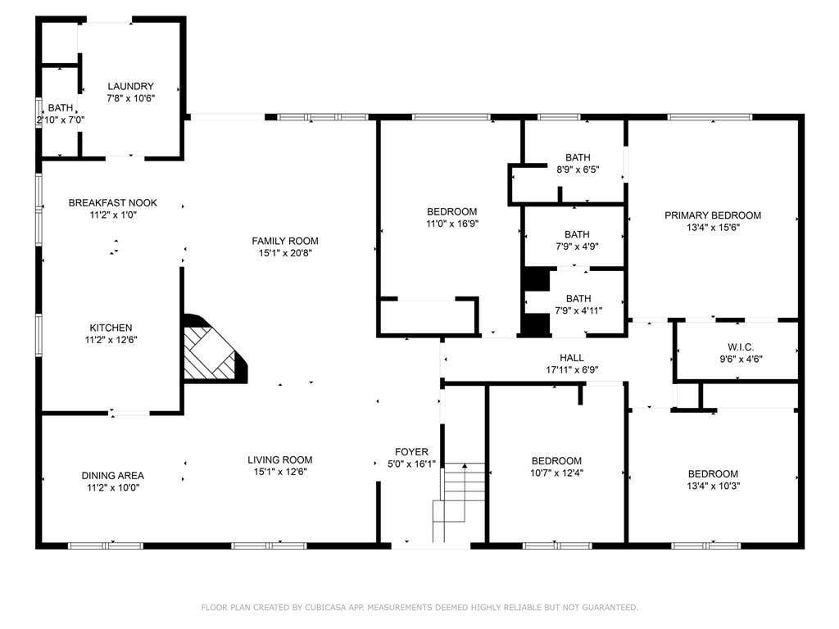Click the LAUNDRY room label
click(130, 86)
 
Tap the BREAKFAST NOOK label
click(113, 203)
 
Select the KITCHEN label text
click(111, 328)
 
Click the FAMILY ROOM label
click(285, 242)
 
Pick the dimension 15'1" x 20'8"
click(285, 253)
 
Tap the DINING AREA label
click(113, 476)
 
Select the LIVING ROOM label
click(280, 460)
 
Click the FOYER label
click(411, 452)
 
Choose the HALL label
click(572, 358)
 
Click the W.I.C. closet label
click(741, 347)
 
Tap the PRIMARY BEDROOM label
click(713, 215)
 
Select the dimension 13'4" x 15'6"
click(713, 228)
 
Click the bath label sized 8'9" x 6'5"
click(578, 158)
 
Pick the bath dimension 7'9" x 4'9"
click(577, 247)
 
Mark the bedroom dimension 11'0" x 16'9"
click(452, 224)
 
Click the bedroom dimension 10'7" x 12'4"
click(556, 473)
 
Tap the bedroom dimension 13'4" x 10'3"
click(714, 486)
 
